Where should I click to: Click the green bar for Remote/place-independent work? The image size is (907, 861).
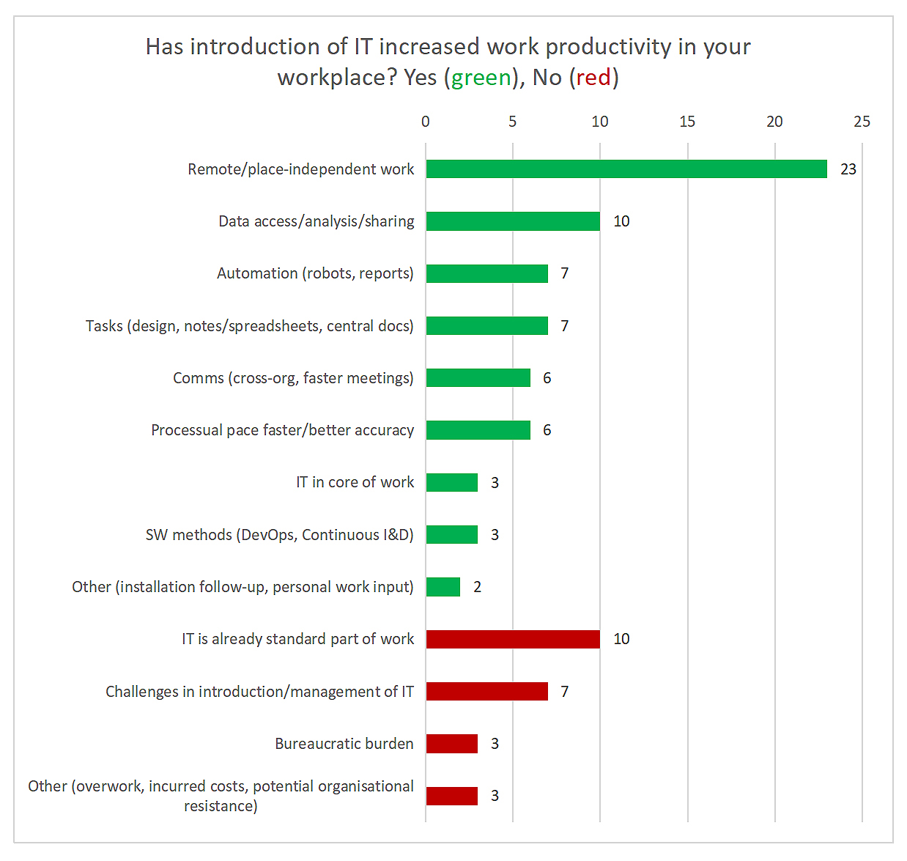point(626,169)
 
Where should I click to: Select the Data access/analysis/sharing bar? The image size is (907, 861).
point(513,221)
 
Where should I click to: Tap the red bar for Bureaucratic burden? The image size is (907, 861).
point(452,744)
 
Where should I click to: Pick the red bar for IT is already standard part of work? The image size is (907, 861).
point(513,639)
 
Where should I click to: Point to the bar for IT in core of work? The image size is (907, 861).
point(452,482)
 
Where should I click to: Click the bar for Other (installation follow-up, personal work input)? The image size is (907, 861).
point(443,587)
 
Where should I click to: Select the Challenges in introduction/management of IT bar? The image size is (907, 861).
point(486,691)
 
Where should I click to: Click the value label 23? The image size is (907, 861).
point(848,169)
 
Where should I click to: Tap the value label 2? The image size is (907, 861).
point(478,587)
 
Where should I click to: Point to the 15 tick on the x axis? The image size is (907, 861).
point(687,122)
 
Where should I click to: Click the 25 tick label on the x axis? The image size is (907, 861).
point(862,122)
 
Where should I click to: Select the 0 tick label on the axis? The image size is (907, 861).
point(426,122)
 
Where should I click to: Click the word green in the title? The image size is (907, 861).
point(481,77)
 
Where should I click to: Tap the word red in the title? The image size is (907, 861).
point(593,77)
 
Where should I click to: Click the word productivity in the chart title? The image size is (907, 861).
point(608,46)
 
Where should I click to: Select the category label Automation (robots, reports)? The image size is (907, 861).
point(315,273)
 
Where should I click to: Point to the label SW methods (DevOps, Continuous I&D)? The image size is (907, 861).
point(279,535)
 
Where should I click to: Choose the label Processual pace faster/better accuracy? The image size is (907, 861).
point(282,430)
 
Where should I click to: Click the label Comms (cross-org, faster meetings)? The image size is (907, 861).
point(293,378)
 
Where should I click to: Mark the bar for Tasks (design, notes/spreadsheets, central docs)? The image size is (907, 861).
point(486,325)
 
